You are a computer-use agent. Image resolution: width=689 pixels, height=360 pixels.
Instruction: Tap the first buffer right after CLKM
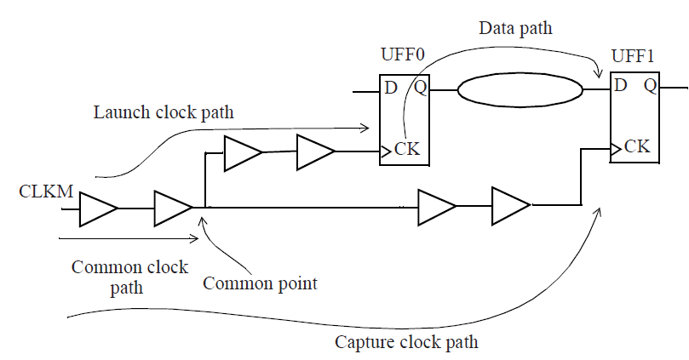tap(98, 209)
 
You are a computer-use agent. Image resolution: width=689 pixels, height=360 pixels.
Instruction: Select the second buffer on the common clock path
tap(172, 209)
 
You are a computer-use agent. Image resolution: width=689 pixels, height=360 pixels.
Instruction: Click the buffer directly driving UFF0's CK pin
tap(314, 153)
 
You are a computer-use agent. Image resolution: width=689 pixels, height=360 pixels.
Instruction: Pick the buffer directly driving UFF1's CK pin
tap(509, 205)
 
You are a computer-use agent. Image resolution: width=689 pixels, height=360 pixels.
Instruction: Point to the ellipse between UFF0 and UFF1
tap(520, 89)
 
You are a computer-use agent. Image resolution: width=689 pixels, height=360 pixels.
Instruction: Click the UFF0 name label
tap(402, 55)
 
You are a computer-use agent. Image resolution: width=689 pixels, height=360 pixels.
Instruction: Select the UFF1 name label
tap(634, 55)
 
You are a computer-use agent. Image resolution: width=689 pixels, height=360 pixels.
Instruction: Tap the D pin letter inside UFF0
tap(391, 87)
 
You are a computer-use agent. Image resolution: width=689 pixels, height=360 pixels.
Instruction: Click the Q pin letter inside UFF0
tap(421, 87)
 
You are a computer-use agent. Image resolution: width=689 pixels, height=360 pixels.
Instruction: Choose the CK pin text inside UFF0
tap(407, 150)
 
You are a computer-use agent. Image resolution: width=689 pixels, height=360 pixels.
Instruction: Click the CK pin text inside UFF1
tap(637, 146)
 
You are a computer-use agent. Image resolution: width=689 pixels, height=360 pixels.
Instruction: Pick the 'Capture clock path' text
tap(406, 343)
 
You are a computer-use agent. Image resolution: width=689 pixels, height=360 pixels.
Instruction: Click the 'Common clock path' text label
tap(129, 277)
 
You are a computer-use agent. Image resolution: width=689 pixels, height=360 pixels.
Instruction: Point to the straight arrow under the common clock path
tap(128, 238)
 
